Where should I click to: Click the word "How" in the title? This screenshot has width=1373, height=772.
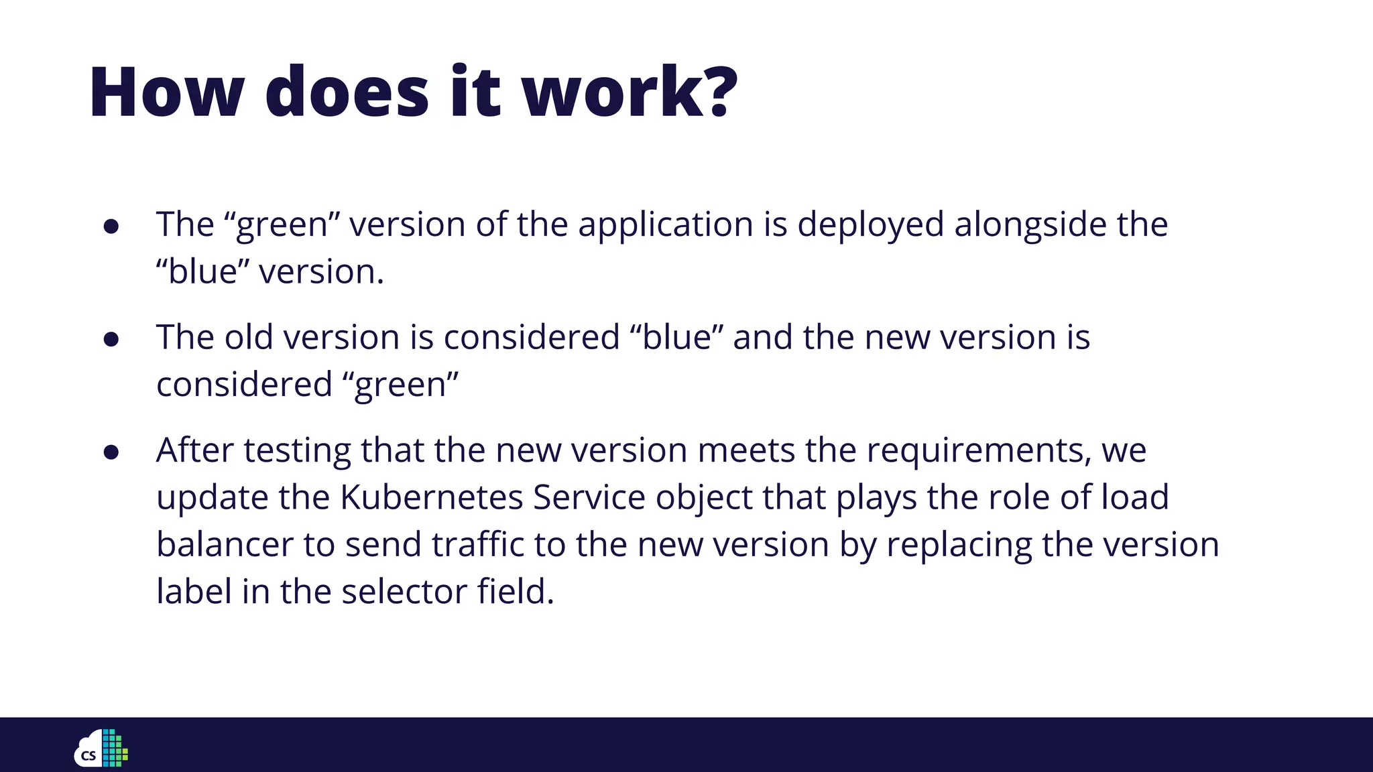click(166, 92)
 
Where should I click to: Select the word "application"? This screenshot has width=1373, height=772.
click(666, 224)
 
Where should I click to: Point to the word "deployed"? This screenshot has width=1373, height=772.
click(870, 224)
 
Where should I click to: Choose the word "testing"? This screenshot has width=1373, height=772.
click(297, 451)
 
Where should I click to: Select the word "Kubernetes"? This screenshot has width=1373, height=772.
click(431, 497)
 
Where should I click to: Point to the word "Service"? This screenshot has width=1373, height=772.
click(589, 497)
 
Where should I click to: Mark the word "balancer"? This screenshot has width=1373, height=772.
click(225, 544)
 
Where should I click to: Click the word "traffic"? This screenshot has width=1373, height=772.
click(477, 544)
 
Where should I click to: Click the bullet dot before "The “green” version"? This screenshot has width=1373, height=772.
click(111, 227)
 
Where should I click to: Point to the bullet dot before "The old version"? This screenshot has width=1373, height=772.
click(111, 339)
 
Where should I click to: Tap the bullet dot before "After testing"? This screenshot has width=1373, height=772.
click(111, 452)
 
